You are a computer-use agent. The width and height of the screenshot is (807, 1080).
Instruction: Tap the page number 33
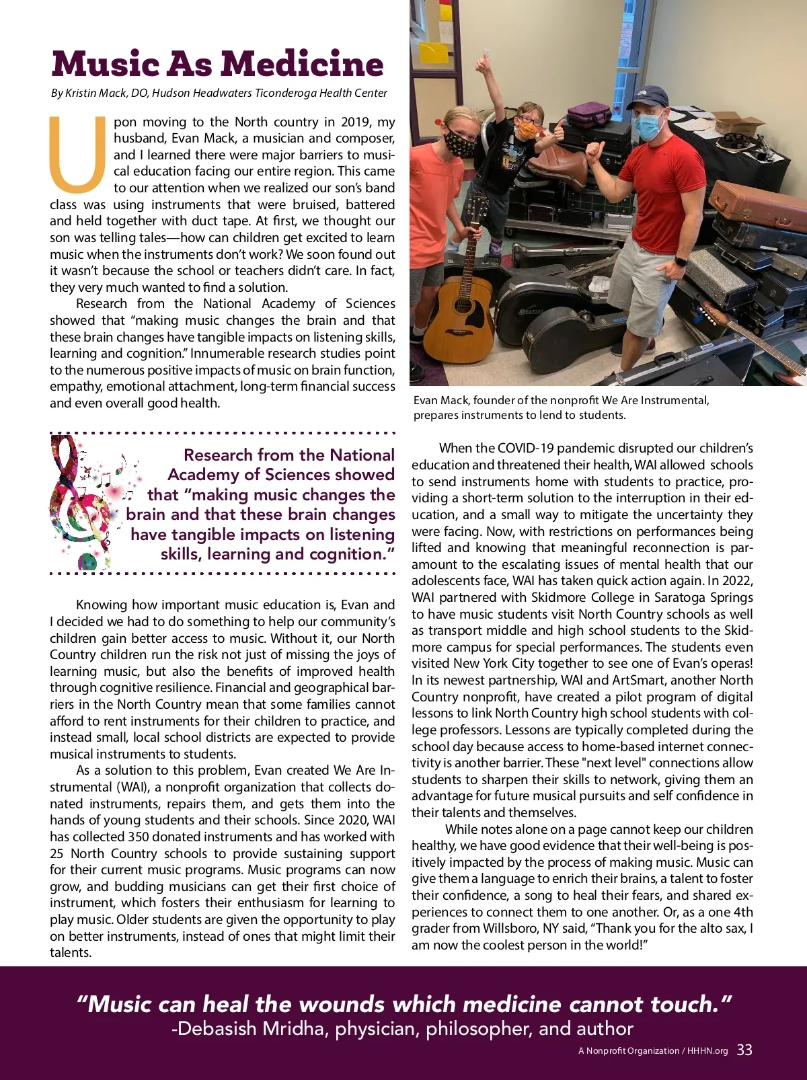(x=744, y=1050)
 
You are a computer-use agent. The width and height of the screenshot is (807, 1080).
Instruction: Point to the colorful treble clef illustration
(x=81, y=501)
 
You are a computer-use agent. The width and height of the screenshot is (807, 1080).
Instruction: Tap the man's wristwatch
(x=681, y=260)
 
